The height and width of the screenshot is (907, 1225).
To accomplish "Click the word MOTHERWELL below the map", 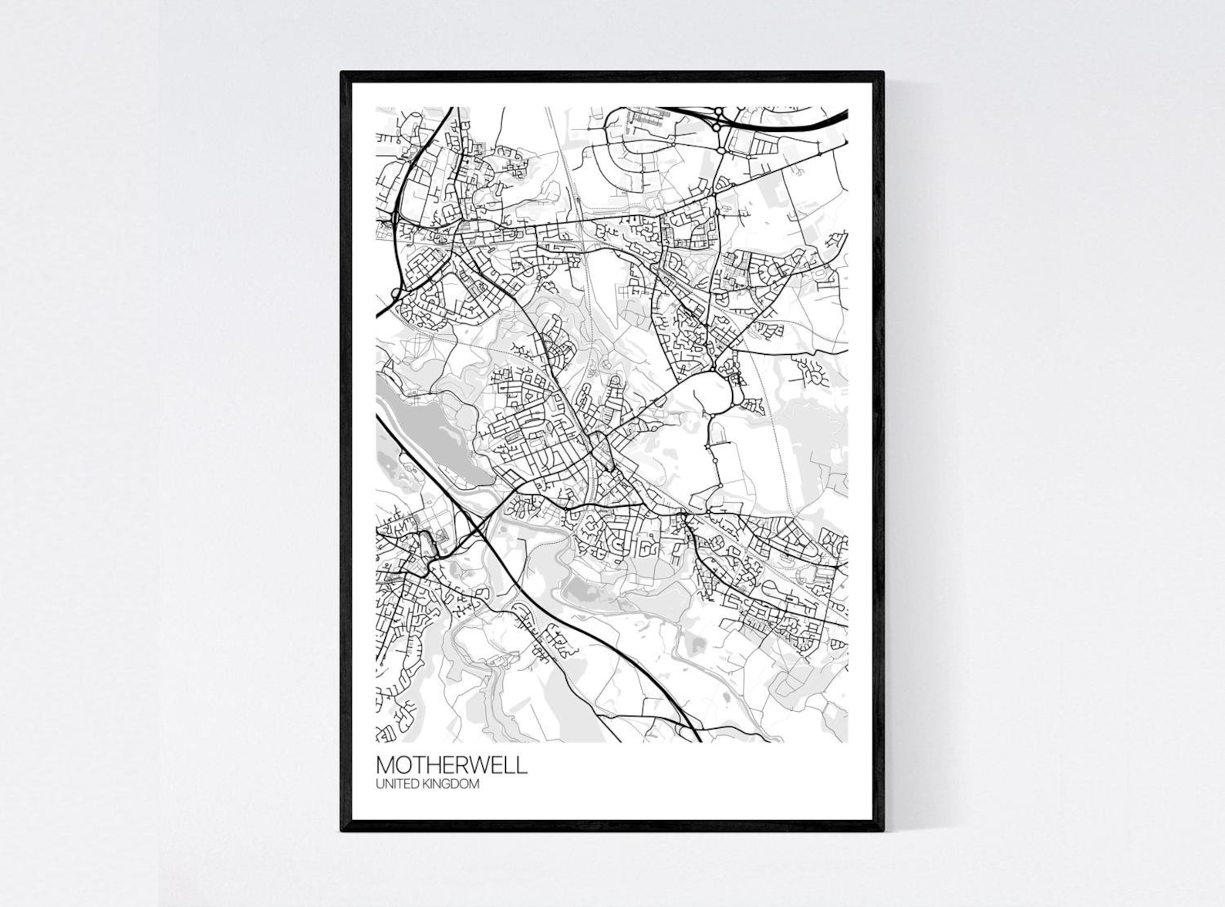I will (x=452, y=765).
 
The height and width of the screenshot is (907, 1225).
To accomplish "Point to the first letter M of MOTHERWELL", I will (x=385, y=765).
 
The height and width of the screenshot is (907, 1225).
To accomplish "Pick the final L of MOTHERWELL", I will (x=524, y=765).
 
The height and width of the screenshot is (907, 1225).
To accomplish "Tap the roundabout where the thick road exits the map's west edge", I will (x=395, y=292).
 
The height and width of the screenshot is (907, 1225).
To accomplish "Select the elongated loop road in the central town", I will (x=602, y=451).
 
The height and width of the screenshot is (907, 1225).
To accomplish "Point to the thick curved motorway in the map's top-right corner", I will (x=795, y=123).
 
